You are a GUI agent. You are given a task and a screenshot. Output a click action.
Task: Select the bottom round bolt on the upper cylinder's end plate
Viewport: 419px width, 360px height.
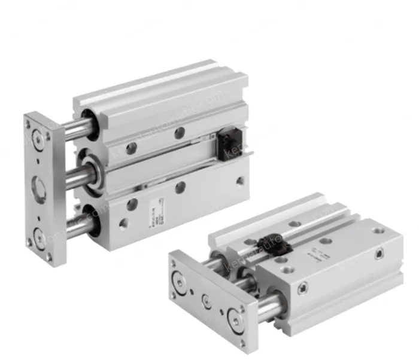(40, 235)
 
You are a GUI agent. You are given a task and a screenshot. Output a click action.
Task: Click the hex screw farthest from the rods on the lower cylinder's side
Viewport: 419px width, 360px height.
(378, 256)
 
